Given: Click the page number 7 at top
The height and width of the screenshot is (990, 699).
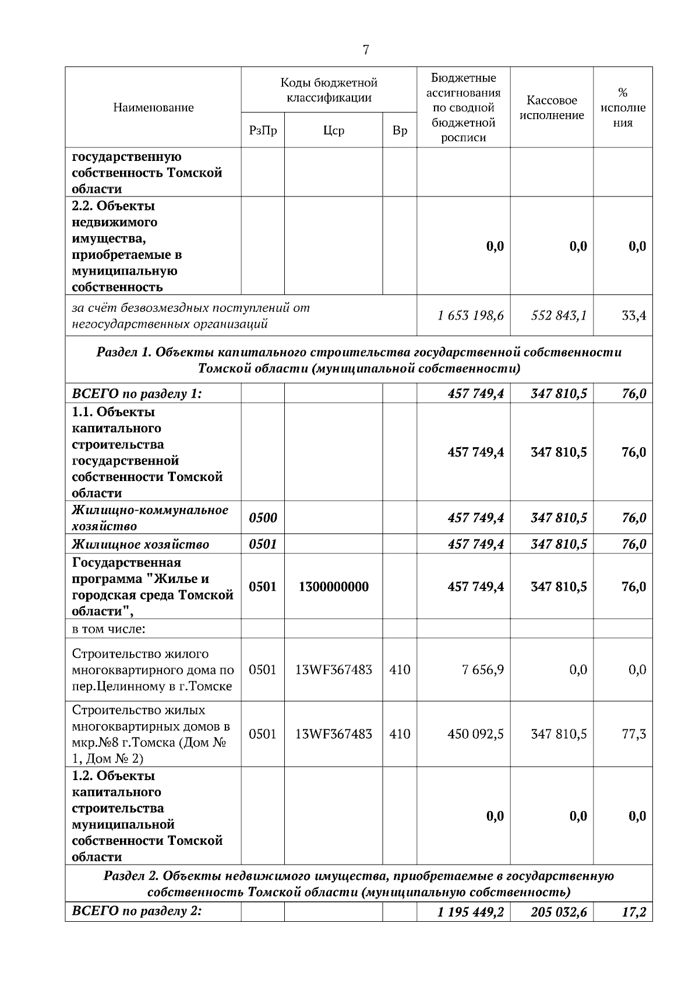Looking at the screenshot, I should [x=366, y=50].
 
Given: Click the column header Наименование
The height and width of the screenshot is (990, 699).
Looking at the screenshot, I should [x=153, y=108].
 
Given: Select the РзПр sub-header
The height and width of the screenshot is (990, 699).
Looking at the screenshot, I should [x=263, y=131].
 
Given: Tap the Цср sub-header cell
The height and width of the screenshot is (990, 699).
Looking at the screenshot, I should [x=333, y=131].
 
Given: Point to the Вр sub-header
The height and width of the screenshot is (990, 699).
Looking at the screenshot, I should [x=400, y=131].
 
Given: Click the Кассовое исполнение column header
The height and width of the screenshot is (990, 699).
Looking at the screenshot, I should [x=551, y=108].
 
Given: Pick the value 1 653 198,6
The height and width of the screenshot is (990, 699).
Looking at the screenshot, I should [x=471, y=316].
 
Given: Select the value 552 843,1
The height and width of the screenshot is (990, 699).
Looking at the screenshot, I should [x=559, y=316].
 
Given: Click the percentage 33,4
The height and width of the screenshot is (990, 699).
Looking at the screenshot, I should [x=633, y=316].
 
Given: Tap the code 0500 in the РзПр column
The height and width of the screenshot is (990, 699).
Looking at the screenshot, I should [x=263, y=518].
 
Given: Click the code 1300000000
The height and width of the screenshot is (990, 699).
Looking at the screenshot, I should [x=333, y=587].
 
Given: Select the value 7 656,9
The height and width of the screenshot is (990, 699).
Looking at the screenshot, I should [x=483, y=670].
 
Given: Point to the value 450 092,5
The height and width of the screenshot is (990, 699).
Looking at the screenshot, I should [x=475, y=734].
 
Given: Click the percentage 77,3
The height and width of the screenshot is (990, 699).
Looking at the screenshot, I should [x=634, y=734].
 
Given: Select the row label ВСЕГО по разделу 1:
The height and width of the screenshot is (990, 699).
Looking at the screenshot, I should [x=137, y=394].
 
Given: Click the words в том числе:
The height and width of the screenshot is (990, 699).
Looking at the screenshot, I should [x=108, y=629].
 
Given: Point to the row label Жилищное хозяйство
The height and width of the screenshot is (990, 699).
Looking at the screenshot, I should [x=140, y=545].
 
